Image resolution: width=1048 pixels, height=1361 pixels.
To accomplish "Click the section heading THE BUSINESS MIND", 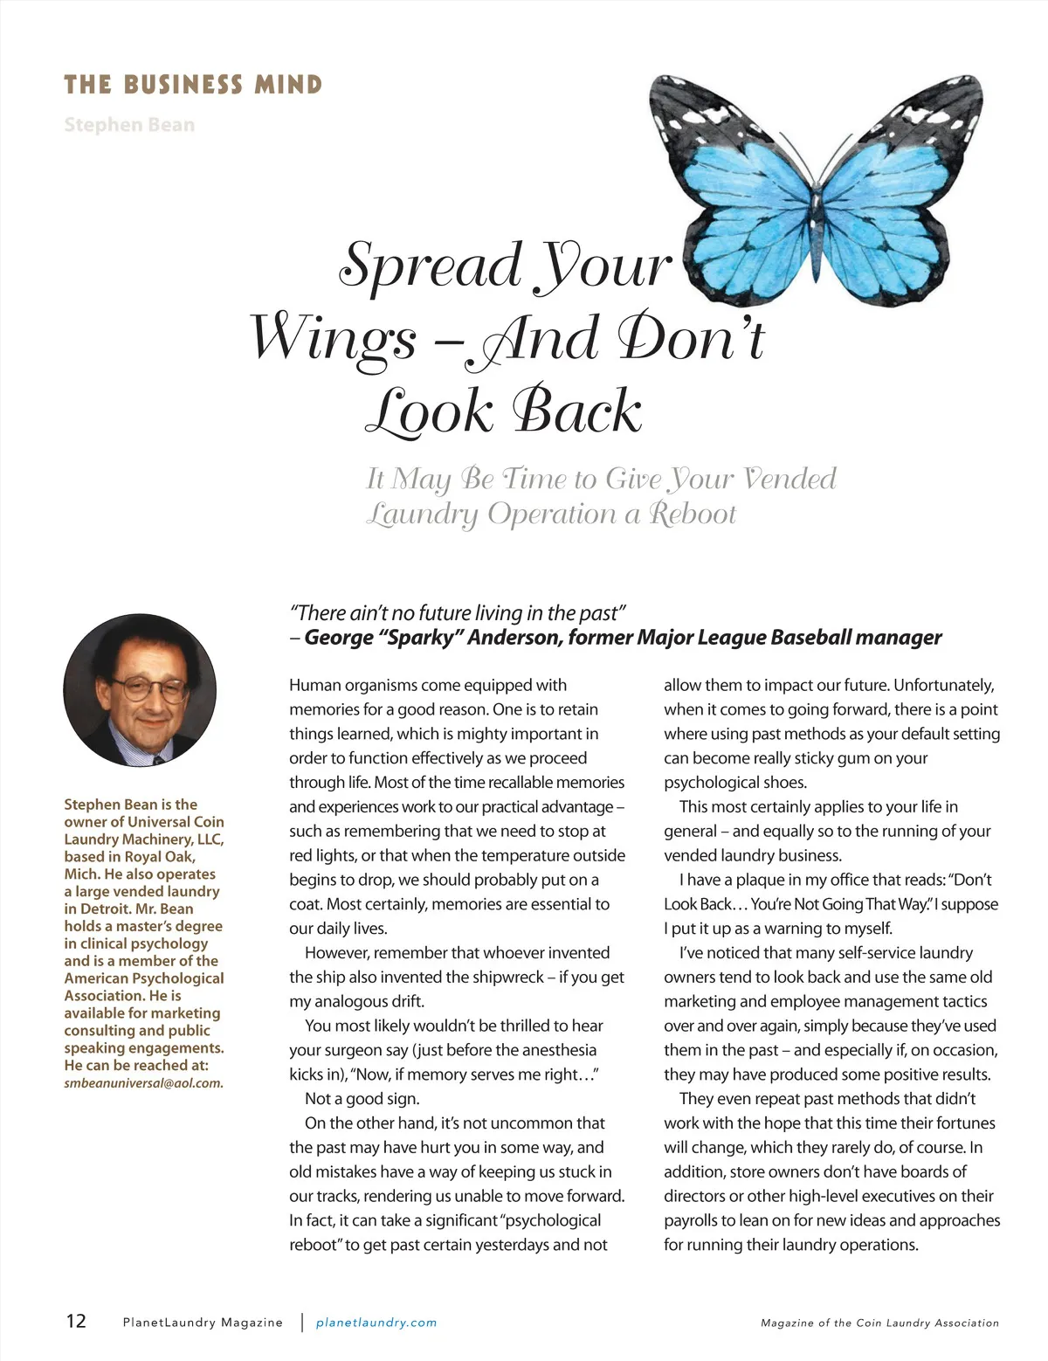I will pos(193,85).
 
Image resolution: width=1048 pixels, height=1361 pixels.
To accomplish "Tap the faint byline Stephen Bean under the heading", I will pos(129,124).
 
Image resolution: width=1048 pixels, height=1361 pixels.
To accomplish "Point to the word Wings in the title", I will pos(334,339).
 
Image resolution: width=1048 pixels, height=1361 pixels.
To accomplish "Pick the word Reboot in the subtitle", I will pos(693,514).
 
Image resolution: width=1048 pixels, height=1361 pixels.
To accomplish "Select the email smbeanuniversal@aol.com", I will pos(143,1083).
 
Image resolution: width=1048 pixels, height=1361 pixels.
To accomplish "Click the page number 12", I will pos(76,1321).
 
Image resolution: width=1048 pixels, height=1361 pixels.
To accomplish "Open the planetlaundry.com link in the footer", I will pos(376,1323).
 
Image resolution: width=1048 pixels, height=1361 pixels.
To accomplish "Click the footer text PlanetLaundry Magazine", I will pos(203,1323).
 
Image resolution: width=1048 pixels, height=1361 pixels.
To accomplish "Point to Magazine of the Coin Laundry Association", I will pos(879,1323).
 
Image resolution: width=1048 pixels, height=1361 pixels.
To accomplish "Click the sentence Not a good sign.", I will pos(362,1099).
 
